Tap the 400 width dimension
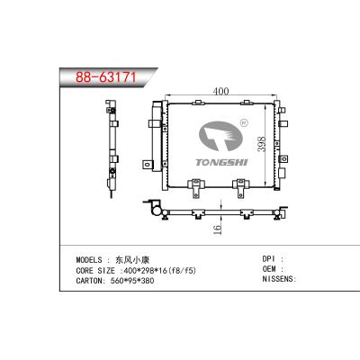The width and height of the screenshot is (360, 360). point(220,91)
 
